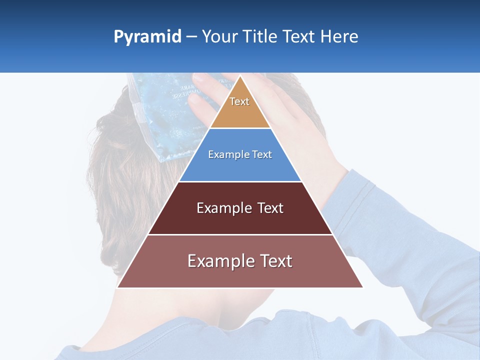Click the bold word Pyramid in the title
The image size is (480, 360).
click(x=147, y=37)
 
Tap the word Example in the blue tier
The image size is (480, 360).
click(x=224, y=154)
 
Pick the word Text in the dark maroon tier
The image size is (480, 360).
click(x=270, y=208)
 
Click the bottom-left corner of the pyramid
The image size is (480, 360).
click(x=117, y=287)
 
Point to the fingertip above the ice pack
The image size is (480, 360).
click(x=197, y=78)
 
